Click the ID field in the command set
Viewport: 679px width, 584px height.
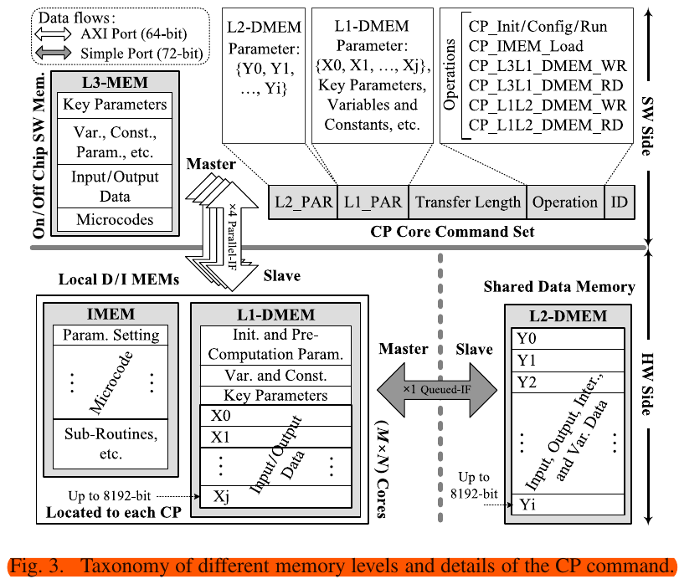(x=619, y=202)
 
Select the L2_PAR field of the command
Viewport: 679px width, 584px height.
(x=303, y=202)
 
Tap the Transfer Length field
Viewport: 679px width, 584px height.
(x=466, y=202)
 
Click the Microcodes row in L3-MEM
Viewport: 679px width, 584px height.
(x=115, y=219)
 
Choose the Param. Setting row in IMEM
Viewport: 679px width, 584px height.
(x=111, y=335)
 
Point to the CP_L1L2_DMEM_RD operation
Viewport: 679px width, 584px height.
(x=547, y=125)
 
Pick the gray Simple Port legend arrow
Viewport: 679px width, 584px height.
(x=56, y=54)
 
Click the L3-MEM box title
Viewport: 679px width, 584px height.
(x=115, y=83)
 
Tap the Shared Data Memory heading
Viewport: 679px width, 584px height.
(x=559, y=287)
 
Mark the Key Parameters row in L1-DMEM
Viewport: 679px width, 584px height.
(x=276, y=395)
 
